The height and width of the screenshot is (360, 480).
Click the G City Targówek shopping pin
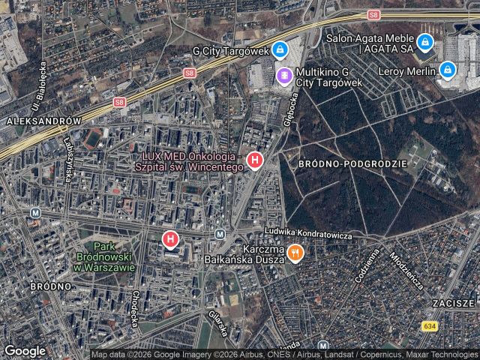279,50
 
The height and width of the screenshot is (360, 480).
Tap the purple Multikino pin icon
284,75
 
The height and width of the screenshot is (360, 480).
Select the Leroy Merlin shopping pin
448,70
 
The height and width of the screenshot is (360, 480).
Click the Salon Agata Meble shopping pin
425,42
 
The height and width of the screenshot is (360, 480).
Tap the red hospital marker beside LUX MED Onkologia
255,160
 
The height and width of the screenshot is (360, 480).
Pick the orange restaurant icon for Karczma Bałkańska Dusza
295,253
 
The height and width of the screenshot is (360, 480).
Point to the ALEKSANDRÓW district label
42,120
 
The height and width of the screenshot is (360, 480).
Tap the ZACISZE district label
454,303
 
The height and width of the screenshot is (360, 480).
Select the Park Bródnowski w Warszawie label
115,256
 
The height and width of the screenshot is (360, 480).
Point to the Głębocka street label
292,105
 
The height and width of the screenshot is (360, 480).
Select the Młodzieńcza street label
404,271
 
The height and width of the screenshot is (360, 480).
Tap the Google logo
25,350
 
